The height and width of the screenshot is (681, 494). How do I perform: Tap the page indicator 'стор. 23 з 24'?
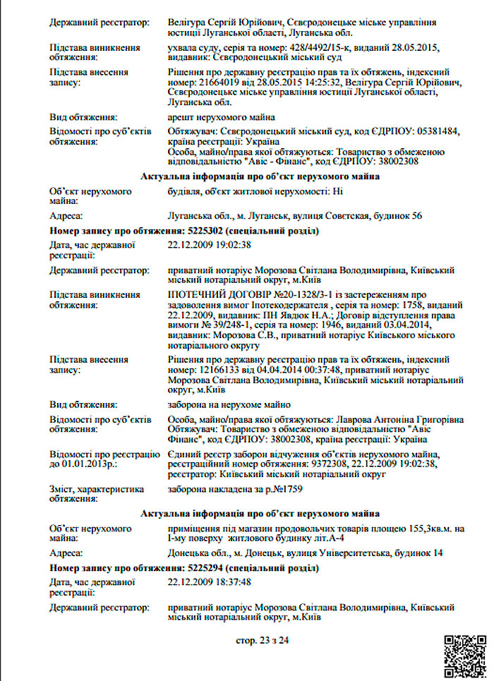pyautogui.click(x=262, y=641)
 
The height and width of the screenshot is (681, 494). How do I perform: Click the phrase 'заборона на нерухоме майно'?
pyautogui.click(x=229, y=404)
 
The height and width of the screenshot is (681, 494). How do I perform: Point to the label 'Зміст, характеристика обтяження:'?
pyautogui.click(x=97, y=494)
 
